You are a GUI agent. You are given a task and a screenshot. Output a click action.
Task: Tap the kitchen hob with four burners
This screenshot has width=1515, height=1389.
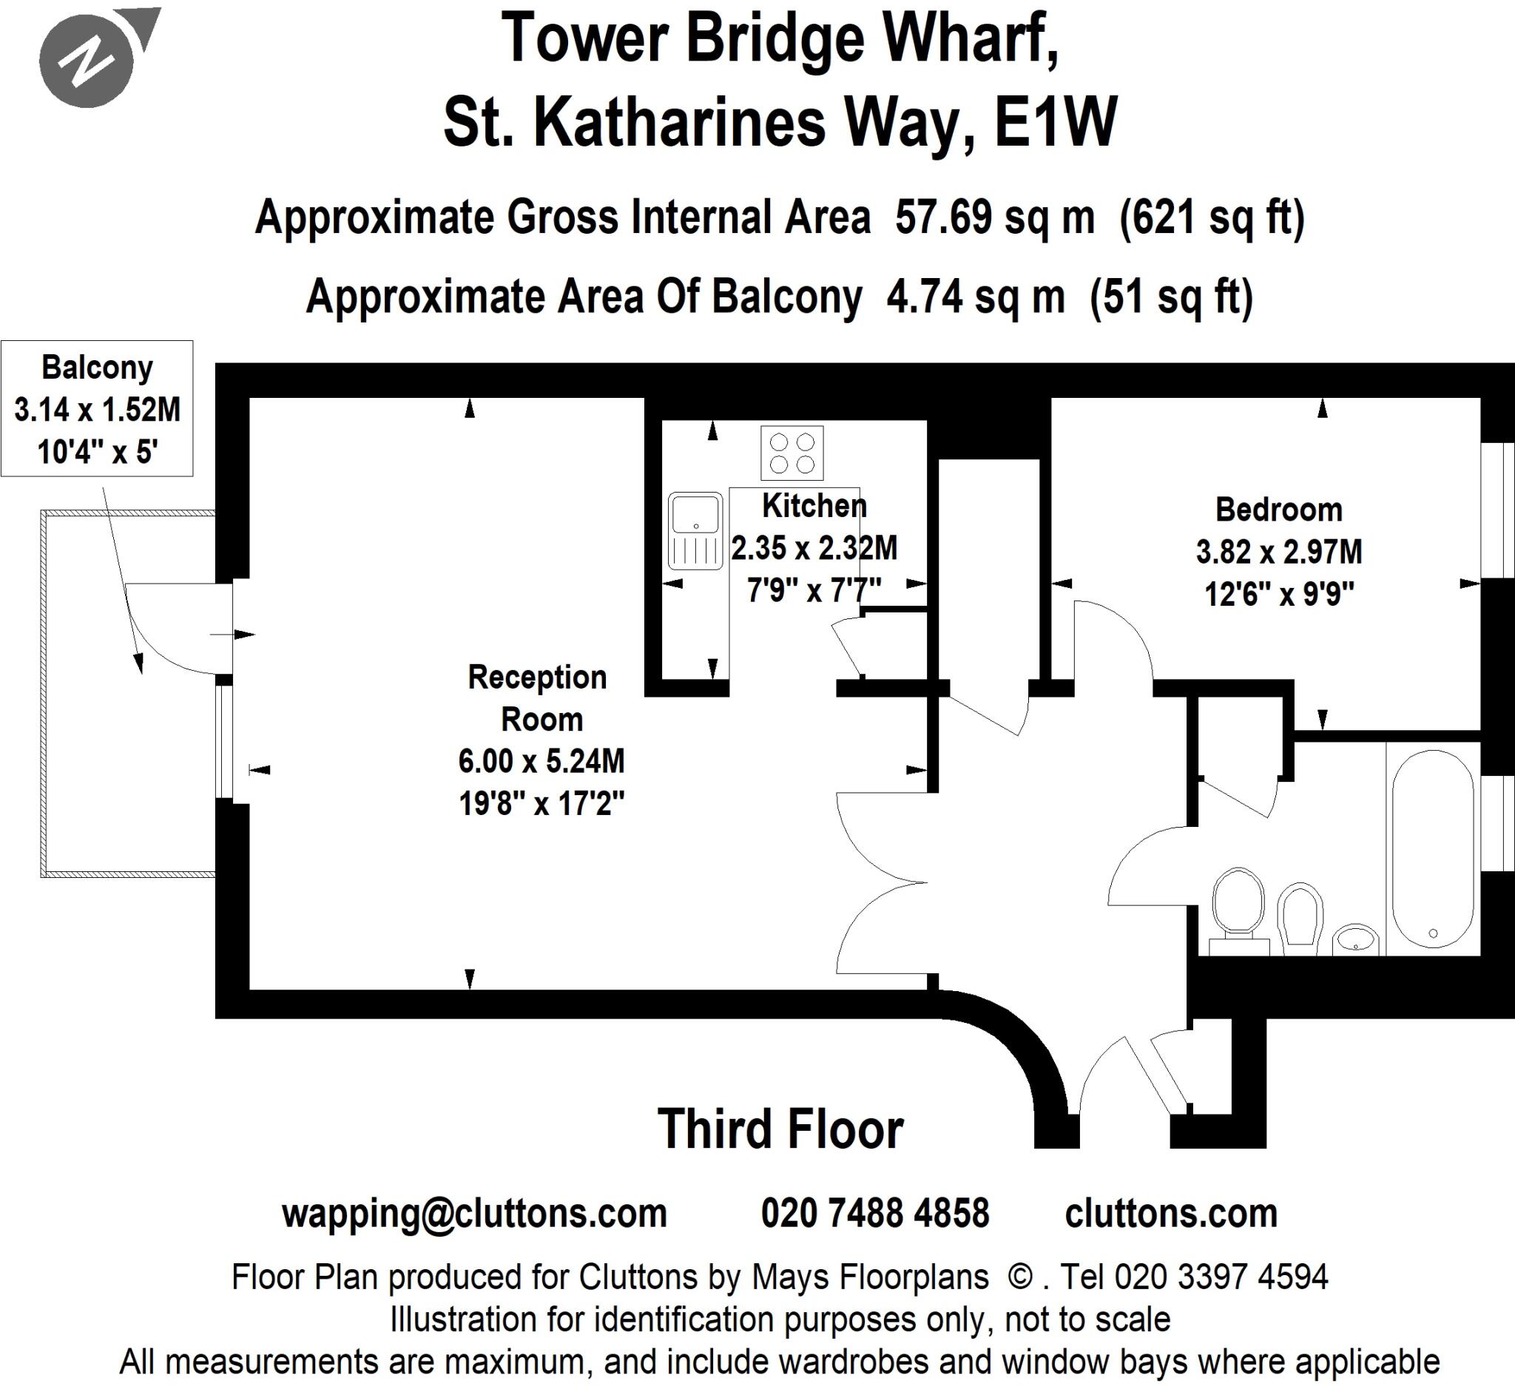(x=792, y=453)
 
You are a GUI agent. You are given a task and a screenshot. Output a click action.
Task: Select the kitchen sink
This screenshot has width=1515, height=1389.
(x=695, y=530)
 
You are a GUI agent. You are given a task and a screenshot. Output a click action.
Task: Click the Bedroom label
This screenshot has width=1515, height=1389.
(x=1279, y=510)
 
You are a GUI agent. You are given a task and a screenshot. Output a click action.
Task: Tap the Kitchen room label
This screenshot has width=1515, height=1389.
(x=814, y=506)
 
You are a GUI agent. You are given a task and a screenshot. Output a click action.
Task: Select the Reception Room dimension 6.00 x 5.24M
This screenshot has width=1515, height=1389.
(x=541, y=761)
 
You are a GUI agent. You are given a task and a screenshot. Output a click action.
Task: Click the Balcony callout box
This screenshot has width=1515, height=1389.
(x=97, y=409)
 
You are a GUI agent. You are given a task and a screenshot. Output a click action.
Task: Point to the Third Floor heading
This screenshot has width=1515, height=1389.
(x=780, y=1129)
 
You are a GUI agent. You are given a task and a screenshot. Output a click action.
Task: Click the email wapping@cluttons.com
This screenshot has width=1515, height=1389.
(x=474, y=1214)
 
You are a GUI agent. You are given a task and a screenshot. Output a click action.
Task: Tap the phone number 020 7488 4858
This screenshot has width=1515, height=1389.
(x=875, y=1214)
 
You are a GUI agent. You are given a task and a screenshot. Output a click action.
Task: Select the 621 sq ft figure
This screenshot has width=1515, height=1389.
(x=1211, y=218)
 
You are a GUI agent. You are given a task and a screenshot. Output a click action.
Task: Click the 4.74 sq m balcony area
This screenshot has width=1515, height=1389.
(x=975, y=297)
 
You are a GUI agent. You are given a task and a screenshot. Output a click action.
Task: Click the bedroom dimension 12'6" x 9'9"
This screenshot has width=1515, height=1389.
(x=1279, y=595)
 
